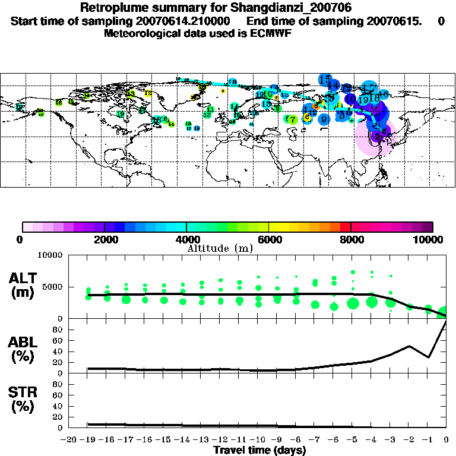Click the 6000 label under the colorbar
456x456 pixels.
(268, 239)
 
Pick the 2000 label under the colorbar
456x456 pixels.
(104, 239)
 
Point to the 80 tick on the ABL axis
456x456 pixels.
(58, 330)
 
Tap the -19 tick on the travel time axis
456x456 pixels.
(88, 440)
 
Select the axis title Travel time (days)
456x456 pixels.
(260, 450)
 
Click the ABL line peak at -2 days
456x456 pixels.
(409, 346)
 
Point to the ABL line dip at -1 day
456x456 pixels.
(428, 357)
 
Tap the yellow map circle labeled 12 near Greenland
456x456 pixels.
(148, 93)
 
